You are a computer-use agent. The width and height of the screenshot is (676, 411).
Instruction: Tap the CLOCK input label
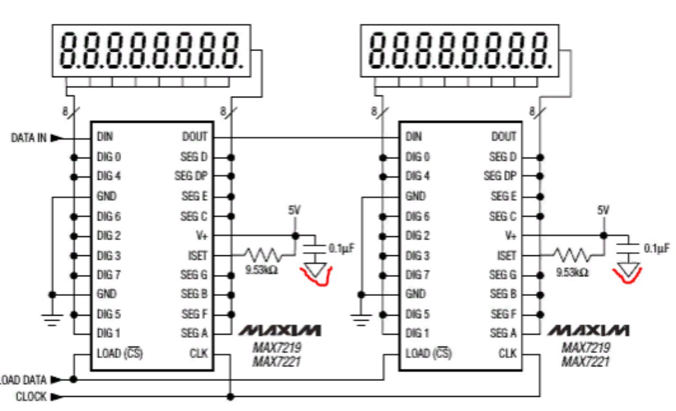coord(31,396)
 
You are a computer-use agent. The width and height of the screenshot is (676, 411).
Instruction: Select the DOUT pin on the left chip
coord(195,137)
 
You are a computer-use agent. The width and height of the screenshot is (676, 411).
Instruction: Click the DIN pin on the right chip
coord(414,137)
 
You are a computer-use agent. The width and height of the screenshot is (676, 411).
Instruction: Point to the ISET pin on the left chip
coord(198,256)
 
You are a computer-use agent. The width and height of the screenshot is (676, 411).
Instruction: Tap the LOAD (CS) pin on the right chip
coord(428,354)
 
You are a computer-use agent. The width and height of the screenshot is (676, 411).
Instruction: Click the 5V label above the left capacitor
coord(294,210)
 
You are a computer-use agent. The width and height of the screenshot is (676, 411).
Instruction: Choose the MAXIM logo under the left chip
coord(280,331)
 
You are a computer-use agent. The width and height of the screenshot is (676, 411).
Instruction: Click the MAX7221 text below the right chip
coord(585,362)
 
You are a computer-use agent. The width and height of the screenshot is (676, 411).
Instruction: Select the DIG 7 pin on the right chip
coord(417,275)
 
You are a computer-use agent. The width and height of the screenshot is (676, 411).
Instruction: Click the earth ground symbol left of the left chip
coord(52,318)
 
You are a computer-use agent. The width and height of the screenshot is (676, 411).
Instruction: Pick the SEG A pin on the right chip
coord(504,333)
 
